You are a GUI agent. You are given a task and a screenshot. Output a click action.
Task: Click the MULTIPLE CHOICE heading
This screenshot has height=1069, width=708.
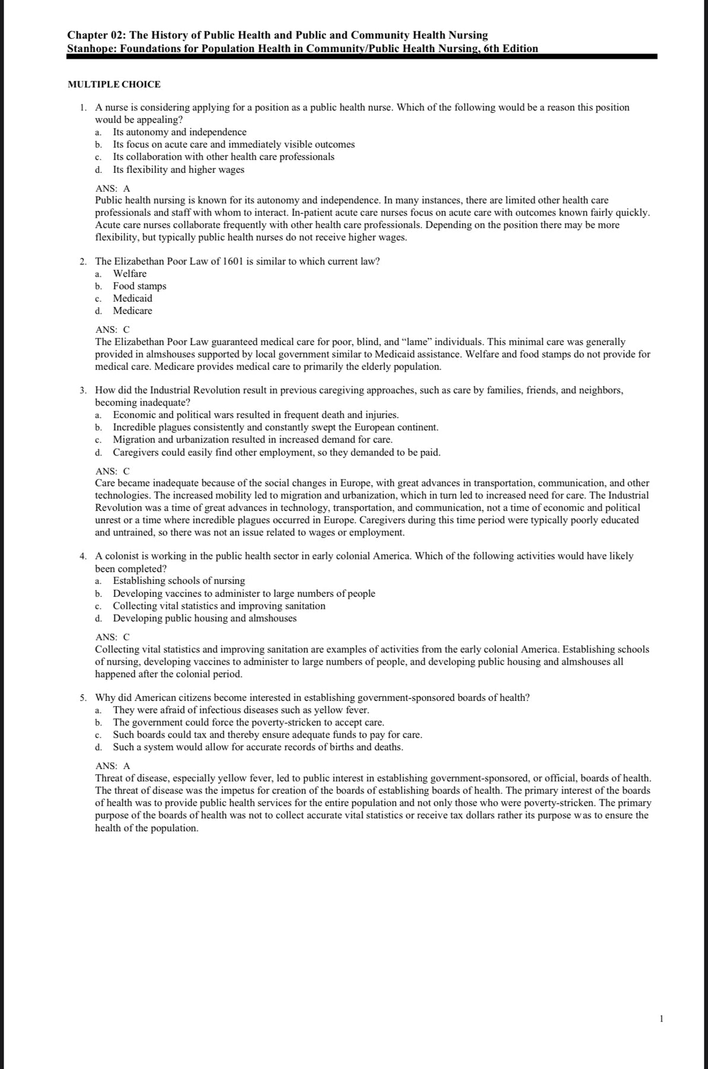click(114, 84)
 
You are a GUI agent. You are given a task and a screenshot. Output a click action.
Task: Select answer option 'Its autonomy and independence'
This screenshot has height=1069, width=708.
click(179, 132)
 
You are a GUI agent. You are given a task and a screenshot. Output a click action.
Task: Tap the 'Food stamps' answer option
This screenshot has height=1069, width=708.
click(139, 286)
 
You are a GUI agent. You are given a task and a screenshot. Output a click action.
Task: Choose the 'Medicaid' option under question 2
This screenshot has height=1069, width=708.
click(132, 298)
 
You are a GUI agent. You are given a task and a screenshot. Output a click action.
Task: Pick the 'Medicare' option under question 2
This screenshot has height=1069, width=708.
click(132, 311)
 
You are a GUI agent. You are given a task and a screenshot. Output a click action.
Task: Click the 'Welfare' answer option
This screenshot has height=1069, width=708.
click(129, 273)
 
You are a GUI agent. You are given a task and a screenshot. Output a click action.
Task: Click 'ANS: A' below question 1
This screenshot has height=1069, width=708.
click(112, 188)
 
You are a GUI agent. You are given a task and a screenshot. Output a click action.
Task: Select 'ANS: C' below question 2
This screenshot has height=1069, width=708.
click(112, 329)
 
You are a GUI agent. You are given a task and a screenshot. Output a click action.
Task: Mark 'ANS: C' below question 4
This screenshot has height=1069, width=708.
click(112, 637)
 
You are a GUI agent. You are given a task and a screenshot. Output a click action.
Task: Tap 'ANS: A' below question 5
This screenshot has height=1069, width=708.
click(112, 766)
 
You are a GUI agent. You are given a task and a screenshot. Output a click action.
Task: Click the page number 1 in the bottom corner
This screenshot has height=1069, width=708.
click(661, 1019)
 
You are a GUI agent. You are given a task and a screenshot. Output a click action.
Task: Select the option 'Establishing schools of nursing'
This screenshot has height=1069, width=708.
click(179, 580)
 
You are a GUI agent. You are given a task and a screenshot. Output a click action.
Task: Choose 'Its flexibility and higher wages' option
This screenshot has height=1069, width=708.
click(179, 169)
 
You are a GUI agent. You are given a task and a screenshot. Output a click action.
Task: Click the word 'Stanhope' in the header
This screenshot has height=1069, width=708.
click(91, 48)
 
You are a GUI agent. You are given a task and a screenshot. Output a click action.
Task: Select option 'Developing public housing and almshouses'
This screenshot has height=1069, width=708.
click(205, 618)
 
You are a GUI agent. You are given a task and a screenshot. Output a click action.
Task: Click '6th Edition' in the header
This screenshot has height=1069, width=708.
click(511, 48)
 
